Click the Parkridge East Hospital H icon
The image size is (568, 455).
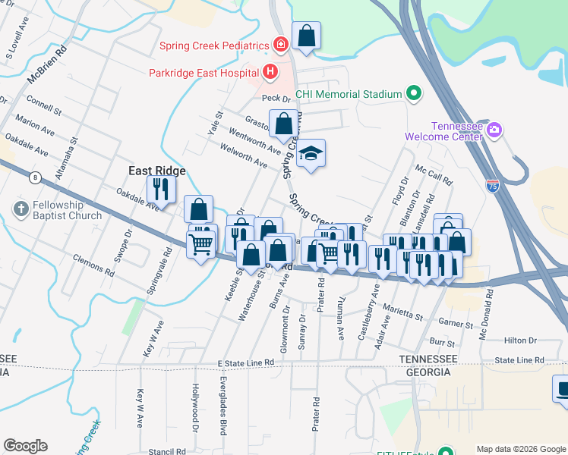(270, 73)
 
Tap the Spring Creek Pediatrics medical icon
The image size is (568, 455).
(280, 45)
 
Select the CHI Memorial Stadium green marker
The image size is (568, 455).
(414, 94)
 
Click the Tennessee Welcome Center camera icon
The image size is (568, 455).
(494, 130)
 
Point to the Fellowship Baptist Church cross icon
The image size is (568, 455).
(22, 208)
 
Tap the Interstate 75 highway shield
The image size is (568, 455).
(492, 184)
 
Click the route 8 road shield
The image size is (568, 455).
(36, 177)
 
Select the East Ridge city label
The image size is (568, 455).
(156, 171)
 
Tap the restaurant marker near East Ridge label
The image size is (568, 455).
(161, 189)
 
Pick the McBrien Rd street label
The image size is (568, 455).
(47, 64)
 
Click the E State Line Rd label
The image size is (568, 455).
(245, 364)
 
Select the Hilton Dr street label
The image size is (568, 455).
(520, 341)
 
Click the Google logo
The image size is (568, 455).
(25, 446)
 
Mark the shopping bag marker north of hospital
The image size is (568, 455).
(306, 36)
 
